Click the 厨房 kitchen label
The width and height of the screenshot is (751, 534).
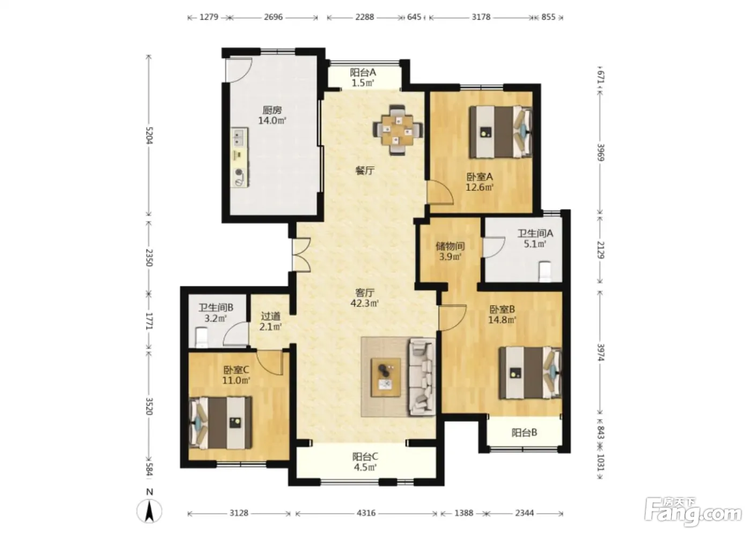(272, 110)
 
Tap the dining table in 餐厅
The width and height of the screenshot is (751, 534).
(398, 130)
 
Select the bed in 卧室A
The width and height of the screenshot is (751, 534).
(500, 132)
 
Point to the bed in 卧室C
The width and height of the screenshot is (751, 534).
(220, 423)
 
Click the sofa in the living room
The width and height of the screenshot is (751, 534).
(422, 377)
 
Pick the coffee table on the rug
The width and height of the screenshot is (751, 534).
(386, 377)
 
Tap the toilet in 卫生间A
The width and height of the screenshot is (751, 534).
(545, 271)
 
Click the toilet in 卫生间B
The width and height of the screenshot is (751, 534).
(202, 338)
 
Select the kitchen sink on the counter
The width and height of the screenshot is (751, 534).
(239, 137)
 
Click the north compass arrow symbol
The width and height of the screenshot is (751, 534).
(150, 511)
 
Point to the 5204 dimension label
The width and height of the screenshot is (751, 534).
(149, 135)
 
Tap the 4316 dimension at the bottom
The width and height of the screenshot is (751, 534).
(366, 513)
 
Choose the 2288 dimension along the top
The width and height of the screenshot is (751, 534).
(365, 17)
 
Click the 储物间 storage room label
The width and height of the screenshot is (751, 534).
(450, 246)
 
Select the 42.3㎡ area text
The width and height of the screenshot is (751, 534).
(364, 303)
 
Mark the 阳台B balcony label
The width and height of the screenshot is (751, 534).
(525, 433)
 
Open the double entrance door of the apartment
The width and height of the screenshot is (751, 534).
(301, 255)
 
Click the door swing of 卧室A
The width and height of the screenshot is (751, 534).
(440, 192)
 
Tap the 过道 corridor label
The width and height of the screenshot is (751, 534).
(270, 316)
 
